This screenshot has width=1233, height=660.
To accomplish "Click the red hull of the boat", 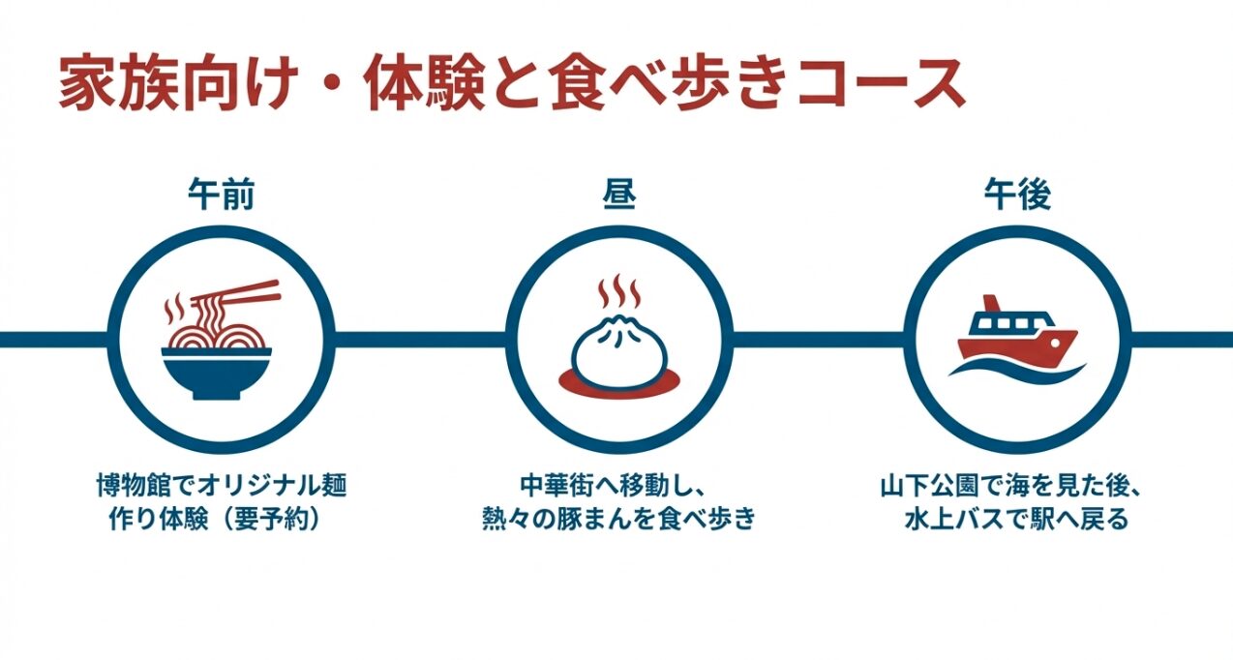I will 1016,344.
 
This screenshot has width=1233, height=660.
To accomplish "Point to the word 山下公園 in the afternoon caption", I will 928,484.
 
